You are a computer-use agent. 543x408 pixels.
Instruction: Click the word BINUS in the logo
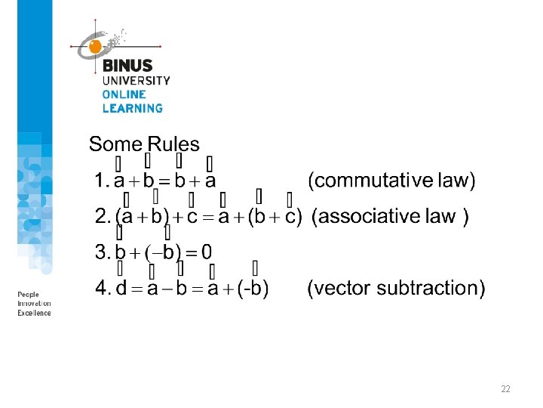(127, 66)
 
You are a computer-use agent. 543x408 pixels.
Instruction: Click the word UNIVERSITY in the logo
(136, 81)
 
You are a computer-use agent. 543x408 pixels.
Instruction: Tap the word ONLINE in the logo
(124, 94)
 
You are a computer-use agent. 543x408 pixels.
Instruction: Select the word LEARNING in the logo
(133, 108)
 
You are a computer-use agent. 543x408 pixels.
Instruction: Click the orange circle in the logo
(95, 47)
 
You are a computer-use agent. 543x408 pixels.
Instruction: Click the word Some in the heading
(115, 144)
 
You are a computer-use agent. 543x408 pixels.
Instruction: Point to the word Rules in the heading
(173, 144)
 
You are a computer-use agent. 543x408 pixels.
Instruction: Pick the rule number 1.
(100, 181)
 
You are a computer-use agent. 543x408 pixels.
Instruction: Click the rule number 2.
(100, 217)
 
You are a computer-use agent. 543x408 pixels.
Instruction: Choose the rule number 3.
(100, 252)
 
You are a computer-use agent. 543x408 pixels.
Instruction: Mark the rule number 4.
(100, 289)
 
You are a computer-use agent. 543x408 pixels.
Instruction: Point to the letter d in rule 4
(121, 289)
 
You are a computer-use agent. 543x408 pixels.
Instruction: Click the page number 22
(505, 389)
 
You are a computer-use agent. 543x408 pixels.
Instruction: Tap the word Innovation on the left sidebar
(35, 304)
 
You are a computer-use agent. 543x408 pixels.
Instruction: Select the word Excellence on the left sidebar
(35, 313)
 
